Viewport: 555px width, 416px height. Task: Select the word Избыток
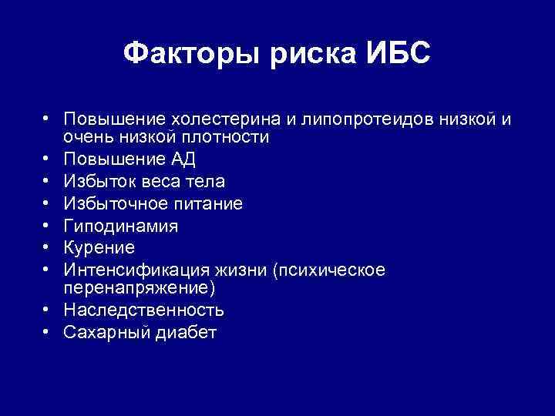(98, 182)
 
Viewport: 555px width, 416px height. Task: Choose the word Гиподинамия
(121, 226)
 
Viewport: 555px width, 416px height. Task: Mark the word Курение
(99, 248)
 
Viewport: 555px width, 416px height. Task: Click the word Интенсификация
(129, 270)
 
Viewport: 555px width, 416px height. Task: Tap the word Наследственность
(144, 310)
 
